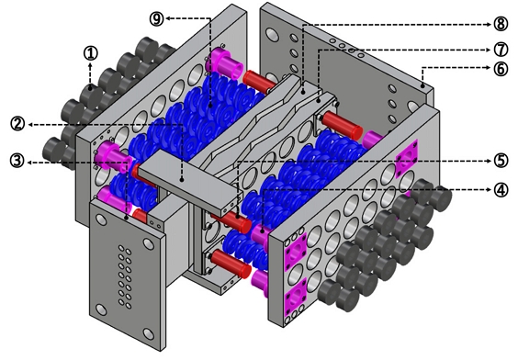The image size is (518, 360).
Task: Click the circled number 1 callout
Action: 91,53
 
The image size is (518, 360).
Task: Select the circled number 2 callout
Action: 17,125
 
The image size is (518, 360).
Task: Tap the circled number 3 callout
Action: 17,162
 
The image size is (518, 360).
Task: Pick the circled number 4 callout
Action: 501,190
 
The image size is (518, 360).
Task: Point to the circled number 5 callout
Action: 501,161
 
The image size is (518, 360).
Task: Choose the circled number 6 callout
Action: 501,69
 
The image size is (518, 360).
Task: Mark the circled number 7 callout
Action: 501,50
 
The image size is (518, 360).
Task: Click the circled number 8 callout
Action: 501,24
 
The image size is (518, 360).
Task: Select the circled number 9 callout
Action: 156,19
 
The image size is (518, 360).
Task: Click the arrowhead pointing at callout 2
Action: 30,125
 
